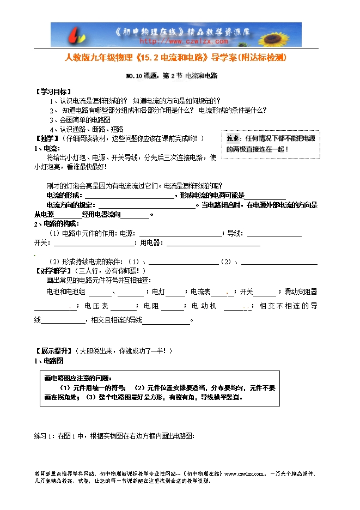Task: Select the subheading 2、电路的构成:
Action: point(57,224)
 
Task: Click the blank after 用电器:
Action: point(213,243)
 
